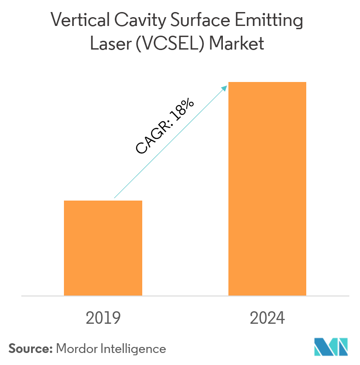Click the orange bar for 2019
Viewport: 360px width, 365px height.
103,248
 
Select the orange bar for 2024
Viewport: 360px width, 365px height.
267,189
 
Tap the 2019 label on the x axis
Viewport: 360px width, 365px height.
103,318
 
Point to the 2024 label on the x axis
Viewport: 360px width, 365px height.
267,318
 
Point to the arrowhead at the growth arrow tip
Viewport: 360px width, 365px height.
225,88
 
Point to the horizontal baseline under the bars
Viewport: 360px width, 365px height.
185,296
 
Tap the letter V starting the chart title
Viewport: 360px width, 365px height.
56,21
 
